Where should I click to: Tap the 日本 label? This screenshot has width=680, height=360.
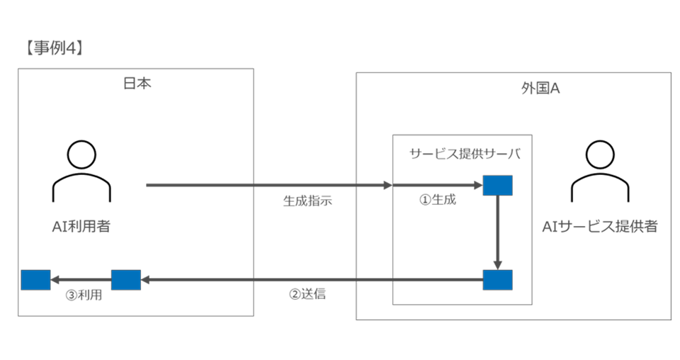(x=137, y=83)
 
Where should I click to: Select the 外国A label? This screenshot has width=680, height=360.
(x=540, y=89)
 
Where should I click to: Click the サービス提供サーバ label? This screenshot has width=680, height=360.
(x=465, y=154)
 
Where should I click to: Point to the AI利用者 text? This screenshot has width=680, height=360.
(x=81, y=226)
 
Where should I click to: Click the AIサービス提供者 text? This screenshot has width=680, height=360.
(x=600, y=226)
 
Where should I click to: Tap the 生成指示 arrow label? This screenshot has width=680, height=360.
(x=307, y=201)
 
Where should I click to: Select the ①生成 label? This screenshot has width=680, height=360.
(x=438, y=200)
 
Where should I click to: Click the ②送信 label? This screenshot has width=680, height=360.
(x=307, y=294)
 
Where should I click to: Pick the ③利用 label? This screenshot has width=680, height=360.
(x=84, y=295)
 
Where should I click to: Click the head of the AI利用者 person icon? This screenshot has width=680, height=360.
(x=81, y=154)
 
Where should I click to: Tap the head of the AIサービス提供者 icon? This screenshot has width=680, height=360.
(x=600, y=154)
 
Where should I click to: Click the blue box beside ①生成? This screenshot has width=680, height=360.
(x=498, y=185)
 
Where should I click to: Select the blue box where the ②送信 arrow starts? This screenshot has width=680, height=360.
(x=498, y=280)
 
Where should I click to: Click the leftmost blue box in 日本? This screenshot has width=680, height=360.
(x=35, y=280)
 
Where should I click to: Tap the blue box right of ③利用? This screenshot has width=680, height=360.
(x=126, y=280)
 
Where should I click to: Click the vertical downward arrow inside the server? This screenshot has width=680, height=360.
(x=498, y=232)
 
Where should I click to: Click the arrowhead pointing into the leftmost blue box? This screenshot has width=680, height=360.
(x=55, y=280)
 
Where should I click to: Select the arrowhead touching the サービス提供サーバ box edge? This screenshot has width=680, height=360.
(x=388, y=185)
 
